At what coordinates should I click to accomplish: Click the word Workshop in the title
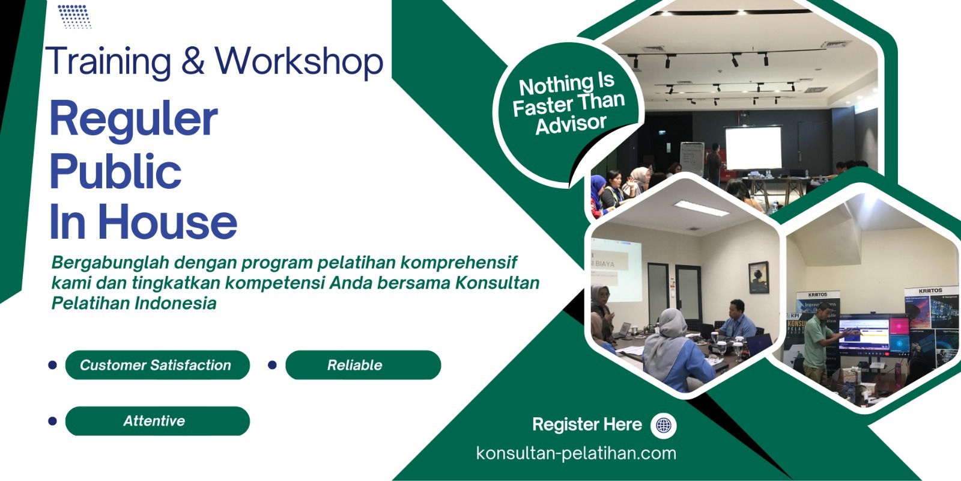pyautogui.click(x=299, y=62)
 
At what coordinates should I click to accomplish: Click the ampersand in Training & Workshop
pyautogui.click(x=193, y=61)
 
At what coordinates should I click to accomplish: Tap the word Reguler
pyautogui.click(x=133, y=118)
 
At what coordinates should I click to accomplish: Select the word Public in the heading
pyautogui.click(x=115, y=171)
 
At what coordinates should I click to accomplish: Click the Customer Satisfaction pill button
pyautogui.click(x=157, y=365)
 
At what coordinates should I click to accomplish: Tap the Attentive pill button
pyautogui.click(x=157, y=421)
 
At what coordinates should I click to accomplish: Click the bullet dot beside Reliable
pyautogui.click(x=272, y=365)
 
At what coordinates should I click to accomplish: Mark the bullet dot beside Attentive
pyautogui.click(x=52, y=421)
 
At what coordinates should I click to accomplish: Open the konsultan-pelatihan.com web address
pyautogui.click(x=575, y=453)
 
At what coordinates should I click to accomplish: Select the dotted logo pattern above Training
pyautogui.click(x=74, y=16)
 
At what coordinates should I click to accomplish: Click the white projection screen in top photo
pyautogui.click(x=753, y=148)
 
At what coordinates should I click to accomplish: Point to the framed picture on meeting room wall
pyautogui.click(x=759, y=277)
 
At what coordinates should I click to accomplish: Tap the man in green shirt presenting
pyautogui.click(x=818, y=343)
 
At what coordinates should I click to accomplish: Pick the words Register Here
pyautogui.click(x=586, y=425)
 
